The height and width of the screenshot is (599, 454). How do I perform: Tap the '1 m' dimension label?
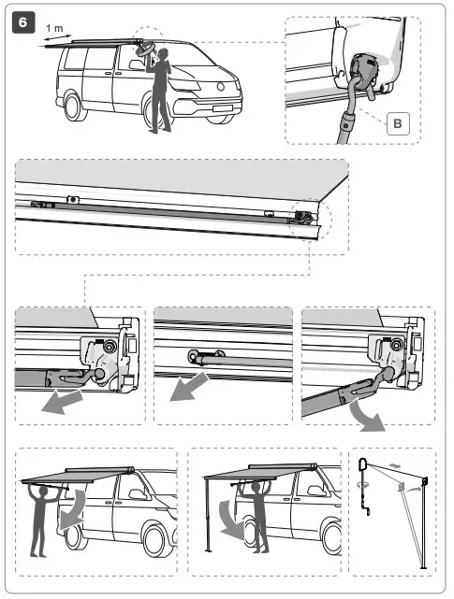[x=54, y=29]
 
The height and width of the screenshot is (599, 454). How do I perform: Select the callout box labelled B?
[x=396, y=123]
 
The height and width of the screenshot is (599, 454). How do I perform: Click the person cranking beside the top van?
[x=160, y=89]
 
